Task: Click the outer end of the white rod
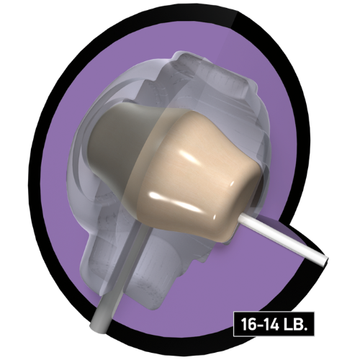point(326,261)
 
